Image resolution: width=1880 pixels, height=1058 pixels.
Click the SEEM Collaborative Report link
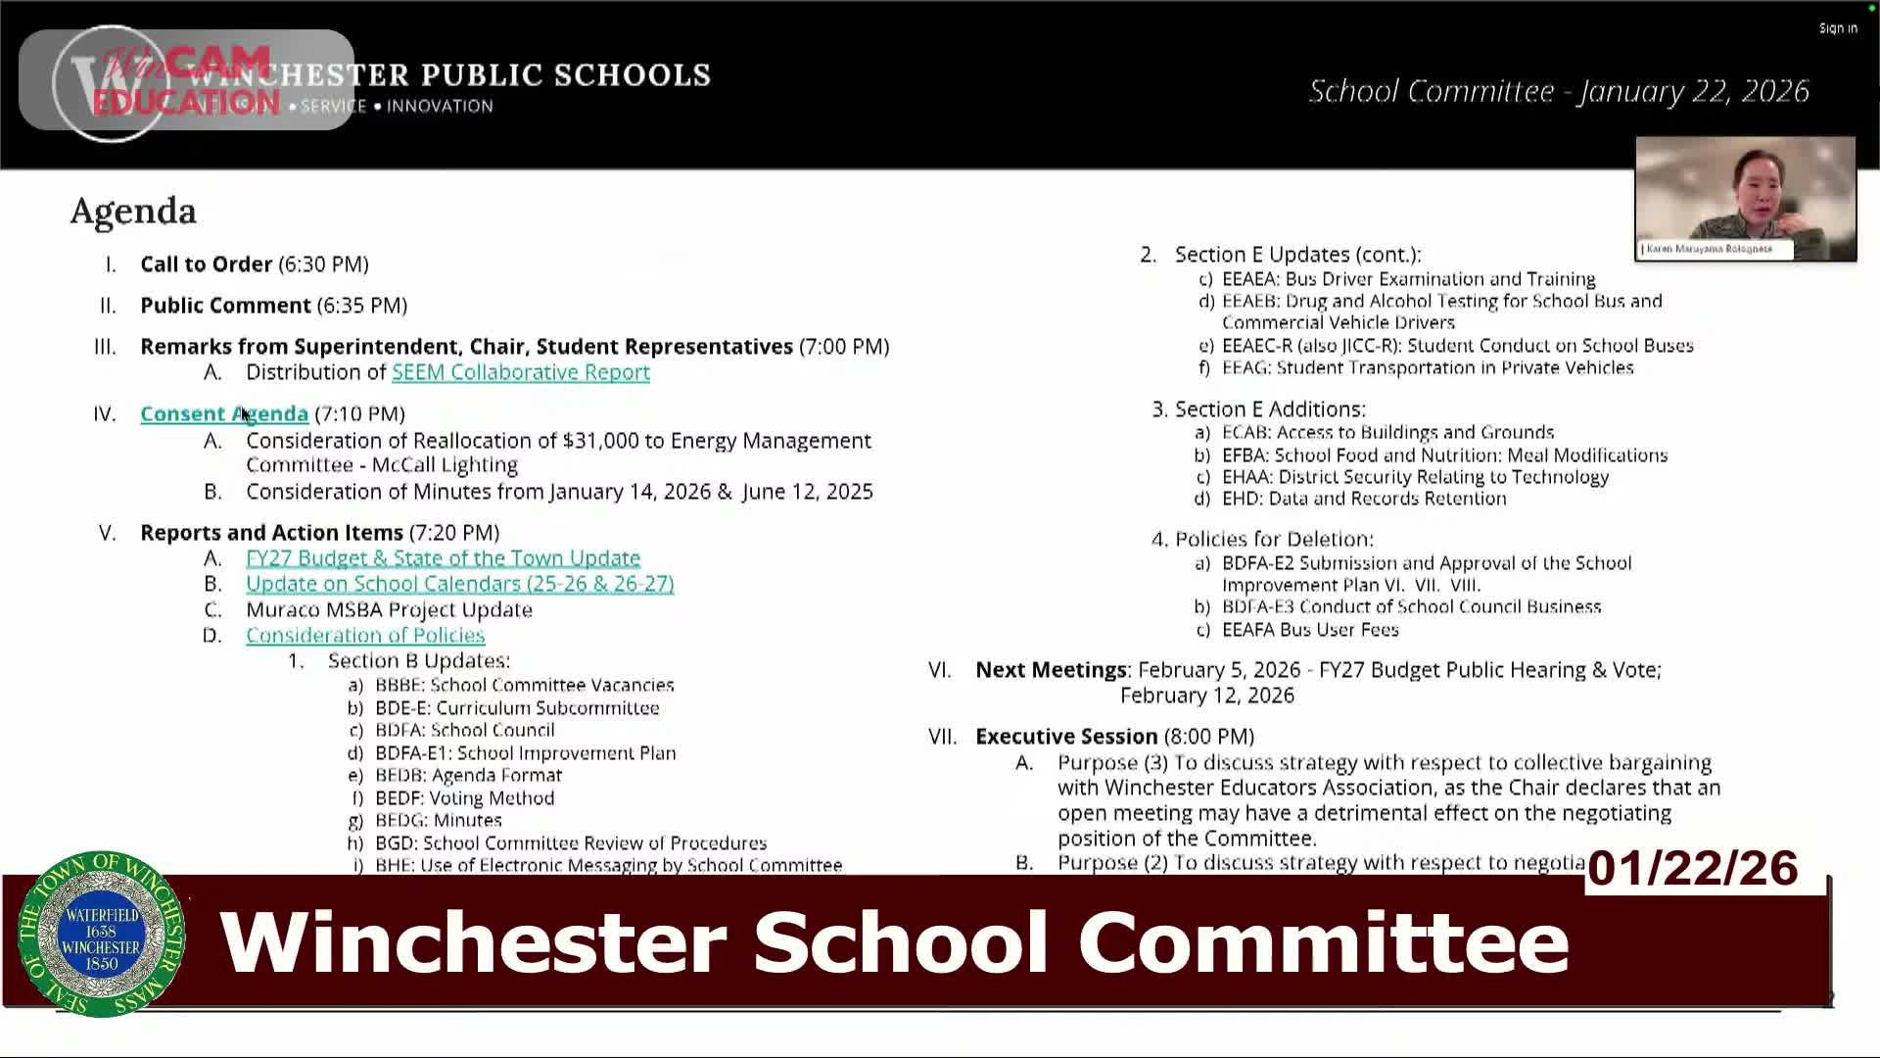pyautogui.click(x=520, y=372)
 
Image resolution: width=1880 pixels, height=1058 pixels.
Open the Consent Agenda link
pyautogui.click(x=223, y=413)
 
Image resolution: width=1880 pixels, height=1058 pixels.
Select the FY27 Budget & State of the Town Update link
pyautogui.click(x=443, y=557)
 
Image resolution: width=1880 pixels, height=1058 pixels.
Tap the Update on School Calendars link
pyautogui.click(x=459, y=583)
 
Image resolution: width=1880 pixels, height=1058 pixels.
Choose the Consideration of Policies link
pyautogui.click(x=365, y=635)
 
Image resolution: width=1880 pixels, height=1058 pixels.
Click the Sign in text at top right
pyautogui.click(x=1838, y=28)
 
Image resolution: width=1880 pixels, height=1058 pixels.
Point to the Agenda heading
pyautogui.click(x=133, y=211)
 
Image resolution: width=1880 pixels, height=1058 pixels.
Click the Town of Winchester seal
pyautogui.click(x=101, y=934)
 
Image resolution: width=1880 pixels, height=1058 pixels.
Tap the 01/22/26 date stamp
pyautogui.click(x=1692, y=868)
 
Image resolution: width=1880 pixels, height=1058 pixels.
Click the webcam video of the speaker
pyautogui.click(x=1745, y=196)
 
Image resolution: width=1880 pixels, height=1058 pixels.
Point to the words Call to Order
pyautogui.click(x=206, y=264)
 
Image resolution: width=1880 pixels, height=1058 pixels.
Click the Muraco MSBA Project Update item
pyautogui.click(x=389, y=609)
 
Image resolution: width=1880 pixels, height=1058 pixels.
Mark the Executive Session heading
pyautogui.click(x=1066, y=737)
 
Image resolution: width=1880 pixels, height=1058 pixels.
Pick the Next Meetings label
pyautogui.click(x=1051, y=670)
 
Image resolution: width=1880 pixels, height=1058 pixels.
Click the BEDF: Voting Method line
pyautogui.click(x=464, y=798)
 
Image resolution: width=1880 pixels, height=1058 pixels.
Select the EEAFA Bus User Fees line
pyautogui.click(x=1309, y=630)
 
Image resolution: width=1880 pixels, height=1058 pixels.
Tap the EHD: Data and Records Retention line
pyautogui.click(x=1363, y=499)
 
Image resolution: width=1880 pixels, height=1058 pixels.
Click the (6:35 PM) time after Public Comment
pyautogui.click(x=361, y=306)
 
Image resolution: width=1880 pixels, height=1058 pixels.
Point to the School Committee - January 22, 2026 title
pyautogui.click(x=1558, y=91)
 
